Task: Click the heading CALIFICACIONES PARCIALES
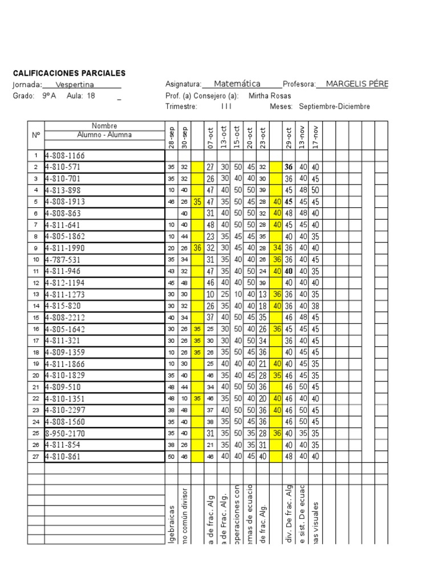click(x=69, y=73)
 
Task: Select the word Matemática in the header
click(x=237, y=84)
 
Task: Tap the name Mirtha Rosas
click(x=269, y=96)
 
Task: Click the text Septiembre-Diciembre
click(x=334, y=106)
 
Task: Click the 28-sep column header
click(x=171, y=136)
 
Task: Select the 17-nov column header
click(x=315, y=137)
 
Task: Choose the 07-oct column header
click(x=210, y=137)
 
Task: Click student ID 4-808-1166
click(x=64, y=155)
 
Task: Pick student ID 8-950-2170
click(x=64, y=433)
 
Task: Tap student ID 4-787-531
click(x=62, y=260)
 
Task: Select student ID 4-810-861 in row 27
click(x=62, y=457)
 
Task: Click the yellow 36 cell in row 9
click(x=197, y=248)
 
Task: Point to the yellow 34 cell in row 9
click(x=277, y=248)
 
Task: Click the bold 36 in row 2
click(x=289, y=167)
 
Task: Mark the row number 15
click(x=35, y=318)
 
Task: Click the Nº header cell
click(x=35, y=135)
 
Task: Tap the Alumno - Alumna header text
click(x=104, y=135)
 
